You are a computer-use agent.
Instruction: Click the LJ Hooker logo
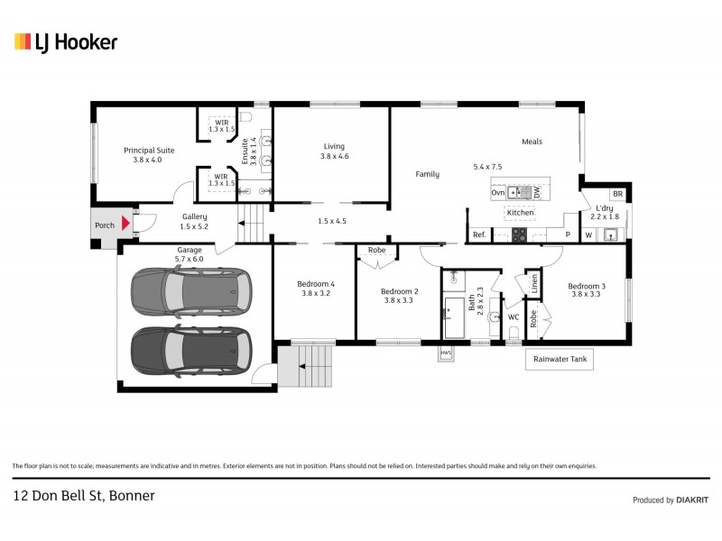[x=65, y=41]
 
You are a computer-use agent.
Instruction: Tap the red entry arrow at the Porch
[x=127, y=223]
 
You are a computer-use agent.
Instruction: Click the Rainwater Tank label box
[x=560, y=359]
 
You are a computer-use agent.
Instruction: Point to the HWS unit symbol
[x=446, y=353]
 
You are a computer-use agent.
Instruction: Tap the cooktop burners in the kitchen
[x=520, y=234]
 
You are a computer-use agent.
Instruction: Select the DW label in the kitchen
[x=536, y=192]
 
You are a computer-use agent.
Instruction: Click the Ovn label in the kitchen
[x=497, y=192]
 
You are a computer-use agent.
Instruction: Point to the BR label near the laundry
[x=617, y=194]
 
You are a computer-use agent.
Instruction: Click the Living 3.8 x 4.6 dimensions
[x=334, y=157]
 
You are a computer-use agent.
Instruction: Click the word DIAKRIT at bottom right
[x=692, y=500]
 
